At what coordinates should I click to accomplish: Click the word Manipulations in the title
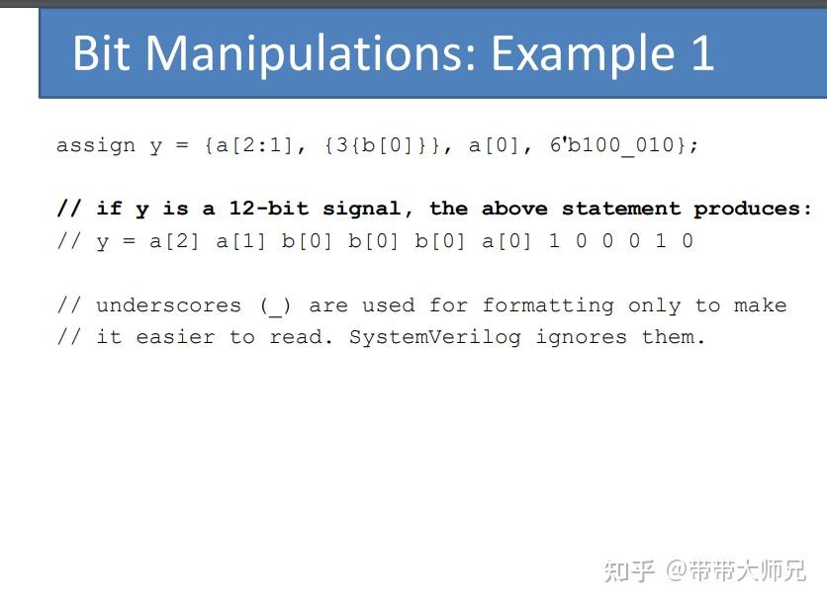click(312, 54)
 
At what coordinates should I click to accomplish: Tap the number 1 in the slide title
click(702, 52)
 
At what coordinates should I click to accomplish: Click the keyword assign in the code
click(96, 146)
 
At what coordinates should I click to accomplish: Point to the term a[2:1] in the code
click(255, 145)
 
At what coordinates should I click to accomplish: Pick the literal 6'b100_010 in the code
click(611, 145)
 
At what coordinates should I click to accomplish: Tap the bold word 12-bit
click(268, 209)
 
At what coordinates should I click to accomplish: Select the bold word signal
click(362, 210)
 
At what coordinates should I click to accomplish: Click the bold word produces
click(747, 210)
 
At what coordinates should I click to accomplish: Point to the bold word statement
click(621, 209)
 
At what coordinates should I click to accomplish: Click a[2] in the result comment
click(175, 241)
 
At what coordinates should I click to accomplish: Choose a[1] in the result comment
click(241, 241)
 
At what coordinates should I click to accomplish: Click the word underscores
click(169, 305)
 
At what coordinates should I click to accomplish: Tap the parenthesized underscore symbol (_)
click(275, 306)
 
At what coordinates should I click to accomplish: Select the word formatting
click(548, 306)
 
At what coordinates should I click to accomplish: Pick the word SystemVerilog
click(435, 337)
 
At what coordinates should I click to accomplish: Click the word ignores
click(582, 337)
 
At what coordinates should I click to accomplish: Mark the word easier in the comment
click(175, 337)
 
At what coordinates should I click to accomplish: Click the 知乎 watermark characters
click(629, 571)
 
